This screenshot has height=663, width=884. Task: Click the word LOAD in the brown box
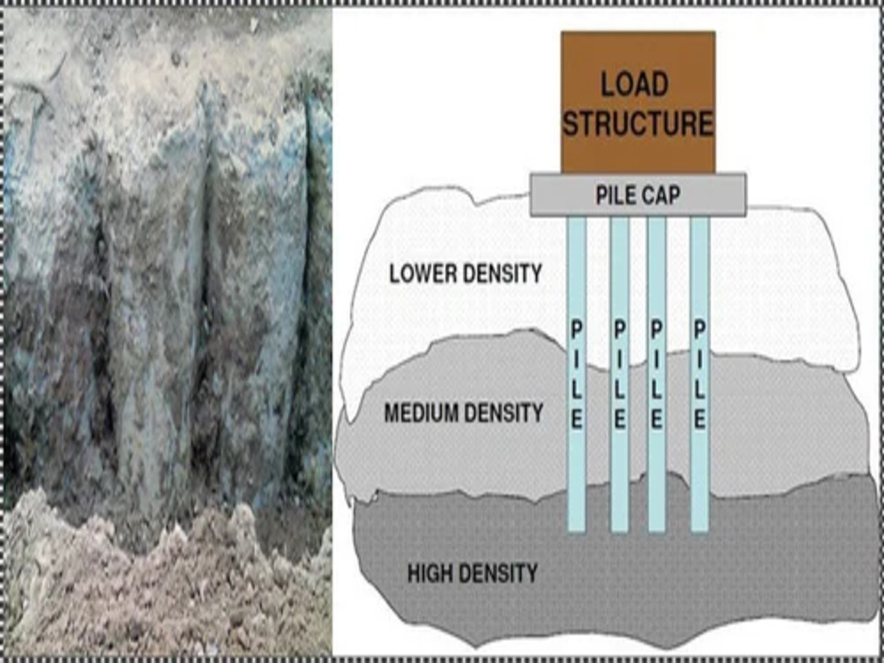tap(635, 85)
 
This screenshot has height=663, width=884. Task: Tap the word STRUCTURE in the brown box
tap(637, 124)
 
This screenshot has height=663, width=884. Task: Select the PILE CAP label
tap(637, 195)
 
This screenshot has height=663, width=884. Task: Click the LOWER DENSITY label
tap(465, 273)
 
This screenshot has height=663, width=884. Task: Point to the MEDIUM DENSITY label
tap(463, 413)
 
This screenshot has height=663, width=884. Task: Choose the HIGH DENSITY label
tap(472, 573)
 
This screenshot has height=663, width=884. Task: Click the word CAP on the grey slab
tap(662, 195)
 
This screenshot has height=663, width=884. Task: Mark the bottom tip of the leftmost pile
tap(577, 529)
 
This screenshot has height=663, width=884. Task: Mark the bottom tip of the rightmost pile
tap(700, 529)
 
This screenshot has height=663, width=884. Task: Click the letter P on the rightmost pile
tap(700, 330)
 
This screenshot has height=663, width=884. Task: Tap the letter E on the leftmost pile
tap(577, 419)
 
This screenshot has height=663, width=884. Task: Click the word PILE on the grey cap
tap(615, 195)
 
